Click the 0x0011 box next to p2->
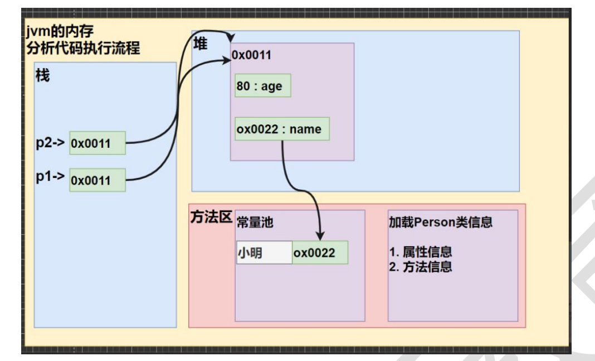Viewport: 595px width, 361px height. (x=97, y=143)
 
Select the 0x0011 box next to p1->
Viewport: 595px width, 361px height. (x=97, y=180)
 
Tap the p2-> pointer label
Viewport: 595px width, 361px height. (x=51, y=142)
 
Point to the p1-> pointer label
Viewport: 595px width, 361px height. (x=51, y=179)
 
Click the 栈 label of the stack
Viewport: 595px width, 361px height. (x=42, y=75)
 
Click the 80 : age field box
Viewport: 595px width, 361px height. (x=263, y=86)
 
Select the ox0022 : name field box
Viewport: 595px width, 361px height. (x=282, y=129)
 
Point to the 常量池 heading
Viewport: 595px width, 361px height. (x=255, y=222)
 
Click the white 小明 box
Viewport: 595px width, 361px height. (x=264, y=253)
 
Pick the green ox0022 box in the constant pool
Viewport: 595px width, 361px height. (x=320, y=253)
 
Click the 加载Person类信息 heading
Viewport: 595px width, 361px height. (x=440, y=222)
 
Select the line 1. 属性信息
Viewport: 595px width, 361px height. (x=421, y=252)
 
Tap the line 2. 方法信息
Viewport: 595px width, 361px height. (x=421, y=267)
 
